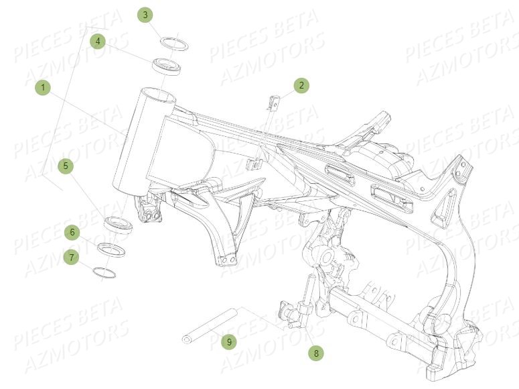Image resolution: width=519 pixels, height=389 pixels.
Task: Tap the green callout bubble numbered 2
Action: [301, 85]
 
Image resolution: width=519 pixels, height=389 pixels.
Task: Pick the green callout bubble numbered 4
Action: [98, 42]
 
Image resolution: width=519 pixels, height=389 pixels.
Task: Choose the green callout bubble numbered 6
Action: [72, 232]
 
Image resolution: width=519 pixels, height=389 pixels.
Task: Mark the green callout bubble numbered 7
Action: [72, 256]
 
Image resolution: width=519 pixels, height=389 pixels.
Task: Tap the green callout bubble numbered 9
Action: [229, 342]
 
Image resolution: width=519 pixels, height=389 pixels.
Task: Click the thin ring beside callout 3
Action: [173, 44]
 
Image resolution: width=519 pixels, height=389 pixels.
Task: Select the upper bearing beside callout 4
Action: [168, 67]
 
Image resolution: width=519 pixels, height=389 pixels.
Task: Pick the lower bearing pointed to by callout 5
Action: [119, 224]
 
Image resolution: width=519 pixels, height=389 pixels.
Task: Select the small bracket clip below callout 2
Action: [273, 103]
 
